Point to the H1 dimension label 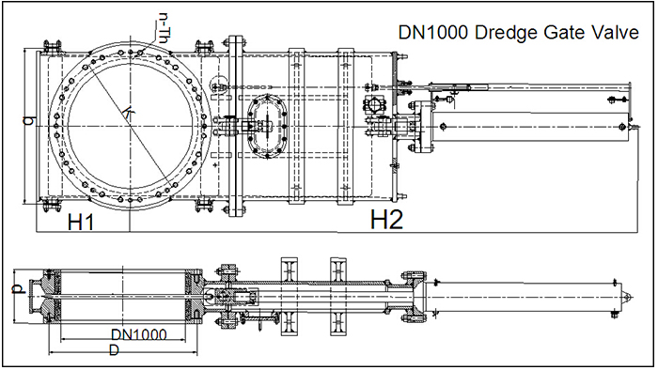pyautogui.click(x=80, y=222)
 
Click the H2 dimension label pyautogui.click(x=386, y=220)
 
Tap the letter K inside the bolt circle pyautogui.click(x=128, y=113)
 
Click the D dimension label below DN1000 pyautogui.click(x=113, y=350)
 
